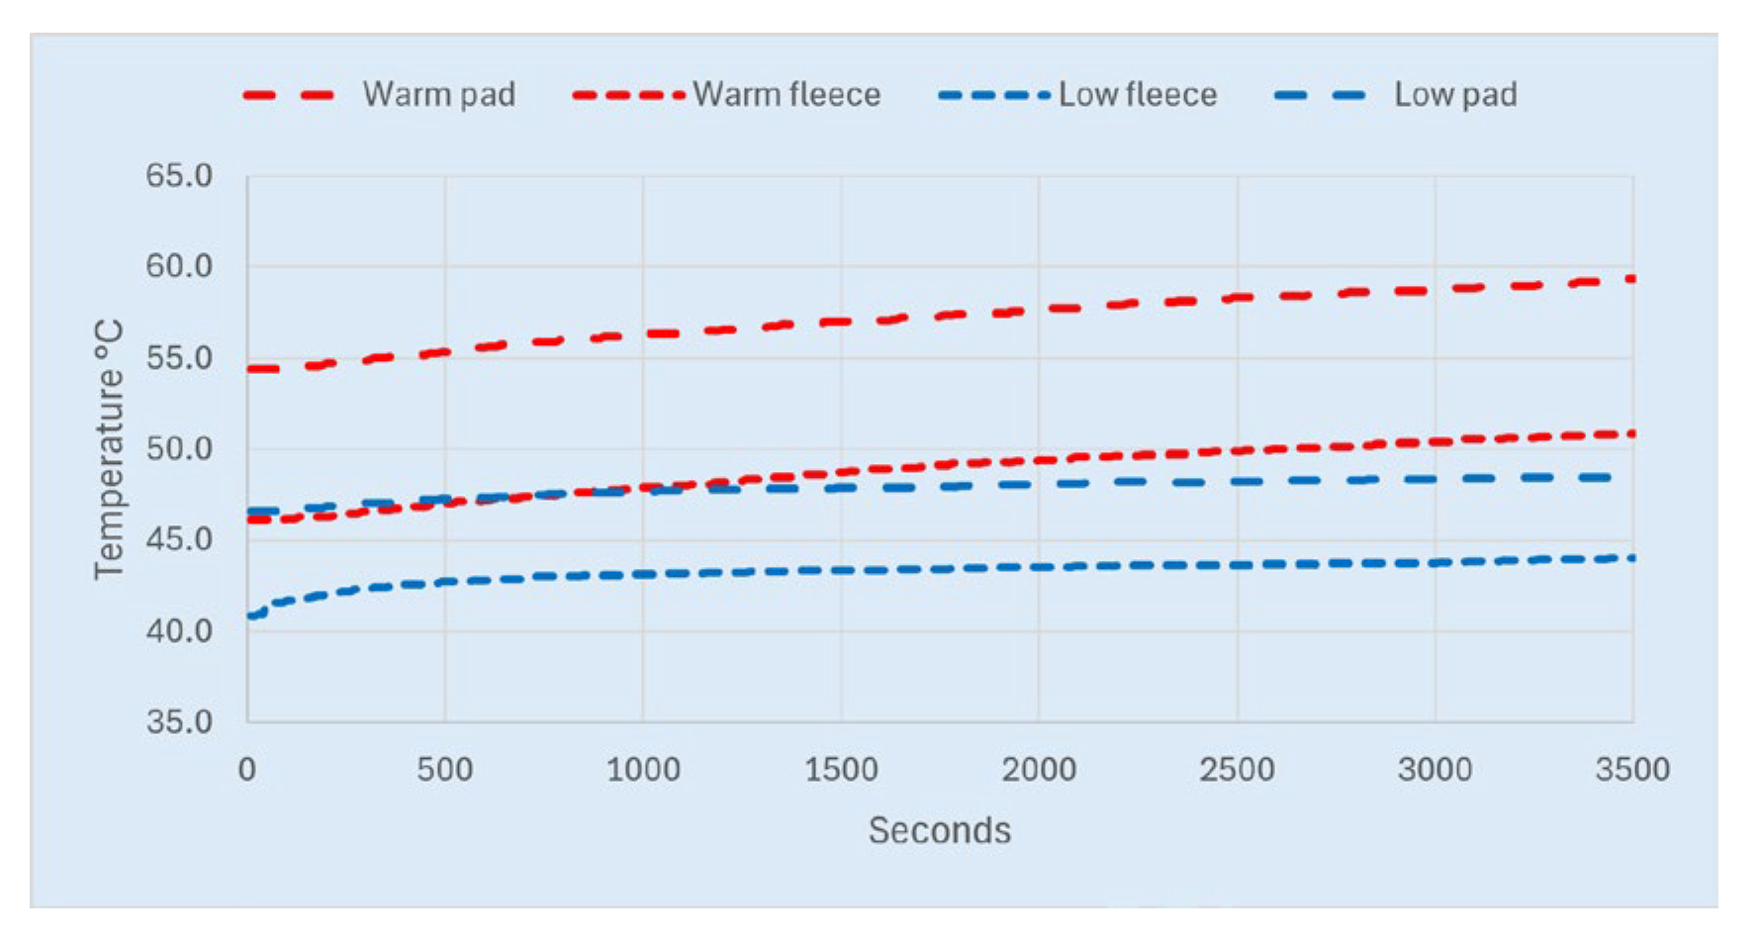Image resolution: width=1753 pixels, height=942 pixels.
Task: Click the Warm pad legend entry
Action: point(379,95)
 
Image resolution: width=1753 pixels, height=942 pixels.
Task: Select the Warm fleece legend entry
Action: point(726,95)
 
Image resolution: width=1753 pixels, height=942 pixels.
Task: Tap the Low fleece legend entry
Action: point(1077,95)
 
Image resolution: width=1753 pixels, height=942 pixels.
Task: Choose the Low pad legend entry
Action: point(1395,95)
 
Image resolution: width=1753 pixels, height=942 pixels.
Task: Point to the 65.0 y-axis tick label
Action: point(179,176)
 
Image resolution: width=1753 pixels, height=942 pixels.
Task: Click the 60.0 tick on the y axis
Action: point(179,266)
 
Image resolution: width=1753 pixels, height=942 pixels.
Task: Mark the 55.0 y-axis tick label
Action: point(179,358)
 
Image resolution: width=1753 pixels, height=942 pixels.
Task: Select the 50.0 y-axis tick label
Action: point(179,449)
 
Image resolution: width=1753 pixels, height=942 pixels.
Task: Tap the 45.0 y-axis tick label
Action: point(179,539)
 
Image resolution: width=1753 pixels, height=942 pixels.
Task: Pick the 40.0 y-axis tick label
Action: point(179,630)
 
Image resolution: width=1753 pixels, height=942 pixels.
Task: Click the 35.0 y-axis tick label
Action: point(179,721)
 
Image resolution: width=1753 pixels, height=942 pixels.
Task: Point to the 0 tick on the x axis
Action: point(247,769)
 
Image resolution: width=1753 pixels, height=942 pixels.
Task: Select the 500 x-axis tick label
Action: point(445,769)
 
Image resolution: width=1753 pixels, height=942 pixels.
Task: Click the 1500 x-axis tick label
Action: point(841,769)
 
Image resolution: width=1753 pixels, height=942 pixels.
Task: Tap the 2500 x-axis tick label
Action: point(1237,769)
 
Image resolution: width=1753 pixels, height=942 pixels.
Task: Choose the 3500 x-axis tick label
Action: point(1632,769)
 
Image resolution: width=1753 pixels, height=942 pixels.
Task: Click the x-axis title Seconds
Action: point(940,830)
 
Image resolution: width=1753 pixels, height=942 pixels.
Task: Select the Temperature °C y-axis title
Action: point(109,449)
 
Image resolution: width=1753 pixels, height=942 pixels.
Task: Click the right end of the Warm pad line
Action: point(1632,279)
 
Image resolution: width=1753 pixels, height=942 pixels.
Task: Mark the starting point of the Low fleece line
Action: point(249,616)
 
